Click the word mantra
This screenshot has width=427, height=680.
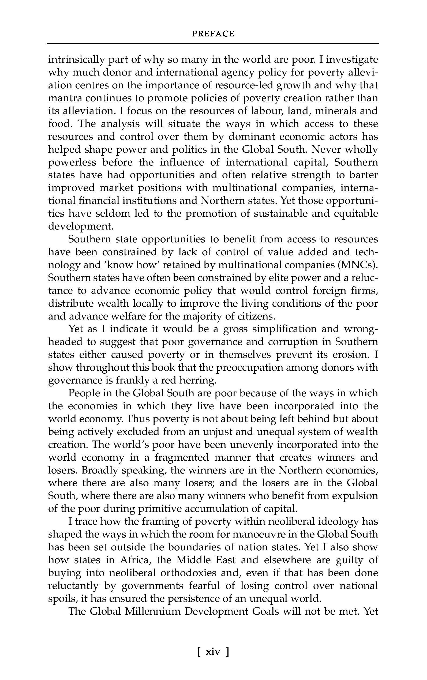(x=64, y=98)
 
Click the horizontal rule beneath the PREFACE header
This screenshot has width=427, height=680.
(x=213, y=43)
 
